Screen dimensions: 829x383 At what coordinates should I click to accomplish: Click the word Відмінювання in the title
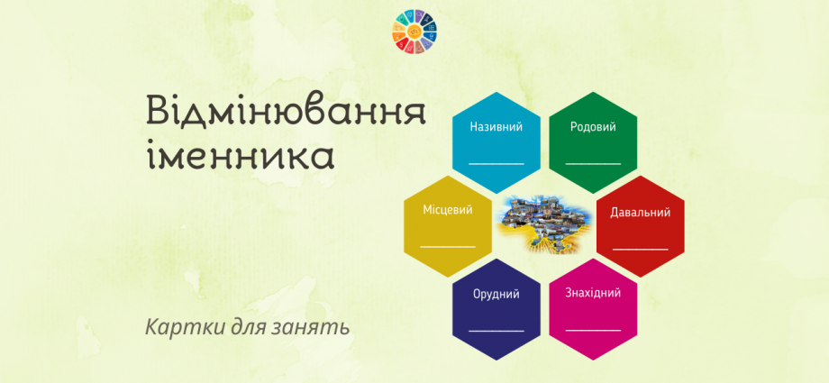click(286, 113)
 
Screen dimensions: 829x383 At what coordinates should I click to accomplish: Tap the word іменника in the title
click(241, 153)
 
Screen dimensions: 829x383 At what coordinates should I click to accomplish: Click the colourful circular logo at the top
click(414, 32)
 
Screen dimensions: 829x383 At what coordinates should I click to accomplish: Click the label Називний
click(496, 127)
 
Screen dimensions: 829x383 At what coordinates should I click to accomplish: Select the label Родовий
click(593, 127)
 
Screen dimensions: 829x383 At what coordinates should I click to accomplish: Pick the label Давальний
click(641, 213)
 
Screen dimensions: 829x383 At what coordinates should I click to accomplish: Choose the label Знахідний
click(593, 293)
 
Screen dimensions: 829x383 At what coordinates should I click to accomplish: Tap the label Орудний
click(496, 295)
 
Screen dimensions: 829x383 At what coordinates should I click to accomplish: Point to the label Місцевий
click(448, 210)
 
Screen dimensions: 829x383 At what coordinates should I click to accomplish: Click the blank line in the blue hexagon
click(496, 163)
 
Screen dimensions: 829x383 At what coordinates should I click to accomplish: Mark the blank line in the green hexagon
click(593, 163)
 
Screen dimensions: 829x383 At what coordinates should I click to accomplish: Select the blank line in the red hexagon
click(641, 249)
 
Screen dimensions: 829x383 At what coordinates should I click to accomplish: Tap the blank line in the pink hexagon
click(593, 330)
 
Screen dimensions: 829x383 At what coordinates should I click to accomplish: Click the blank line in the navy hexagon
click(496, 331)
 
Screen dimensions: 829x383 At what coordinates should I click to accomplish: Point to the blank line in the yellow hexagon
click(448, 246)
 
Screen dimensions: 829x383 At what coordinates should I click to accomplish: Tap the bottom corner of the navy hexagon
click(496, 360)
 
